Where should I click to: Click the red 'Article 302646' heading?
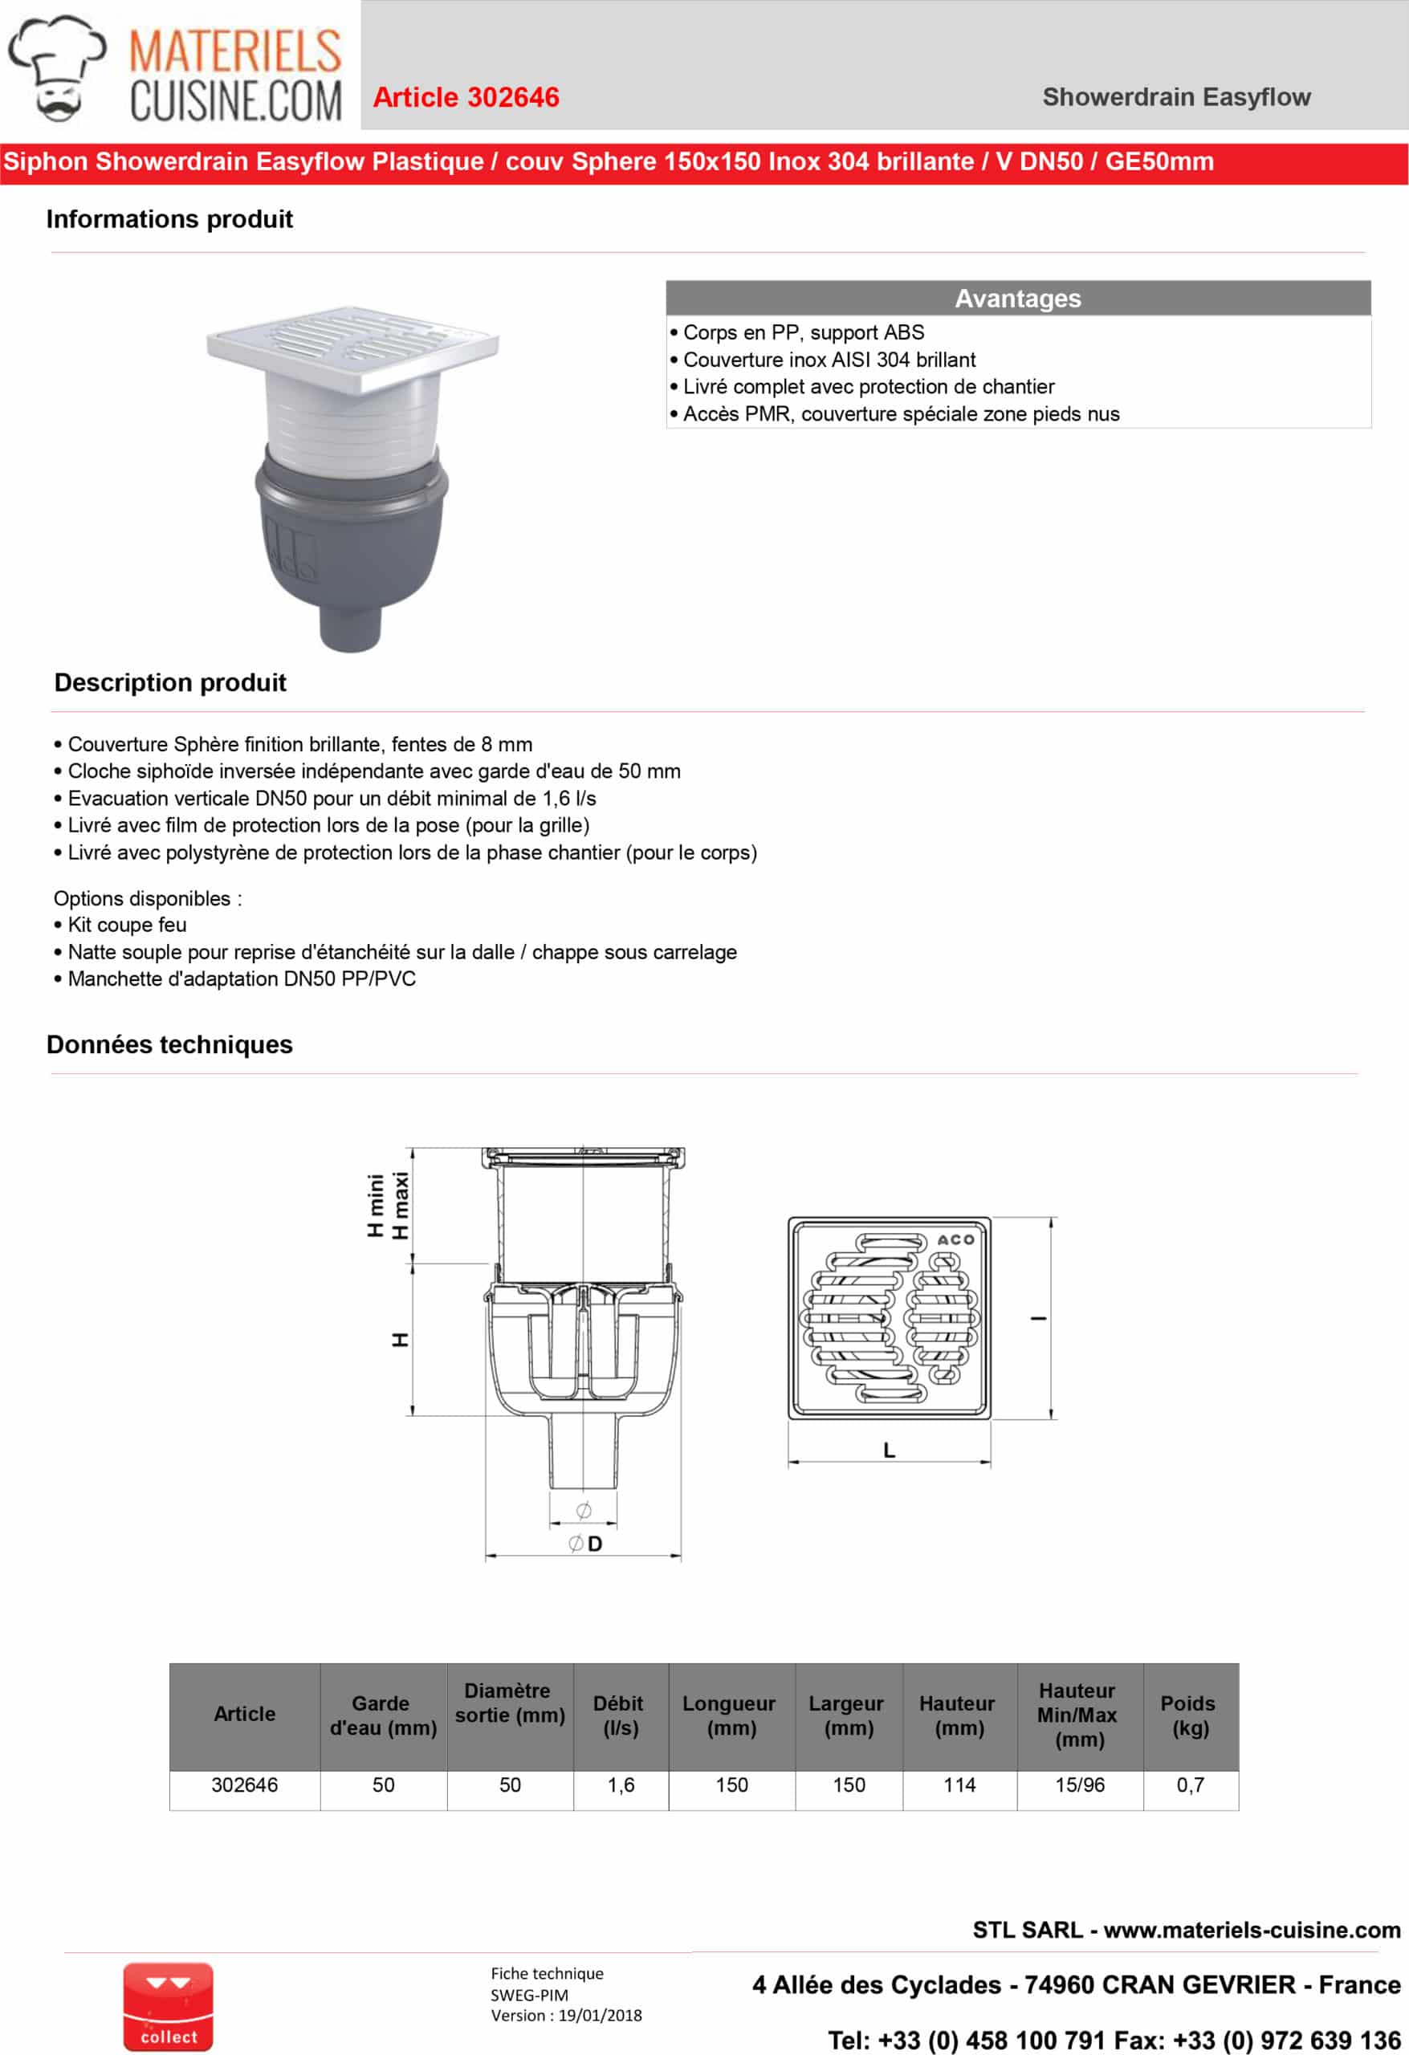coord(466,97)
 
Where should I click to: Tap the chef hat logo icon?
coord(57,67)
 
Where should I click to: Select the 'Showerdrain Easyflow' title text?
coord(1175,97)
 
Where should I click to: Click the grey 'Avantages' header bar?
coord(1017,298)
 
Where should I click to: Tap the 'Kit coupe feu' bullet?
coord(127,925)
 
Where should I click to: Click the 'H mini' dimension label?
coord(376,1205)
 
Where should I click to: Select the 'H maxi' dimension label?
coord(401,1205)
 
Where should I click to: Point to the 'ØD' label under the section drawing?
coord(585,1544)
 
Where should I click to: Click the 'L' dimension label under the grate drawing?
coord(889,1451)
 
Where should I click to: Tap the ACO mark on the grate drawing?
coord(955,1239)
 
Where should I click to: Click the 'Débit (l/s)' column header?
coord(620,1715)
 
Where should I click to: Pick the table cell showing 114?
coord(959,1785)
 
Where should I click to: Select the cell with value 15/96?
coord(1079,1785)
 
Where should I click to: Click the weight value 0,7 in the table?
coord(1190,1785)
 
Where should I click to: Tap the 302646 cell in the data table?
coord(244,1785)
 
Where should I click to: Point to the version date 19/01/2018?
coord(600,2015)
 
